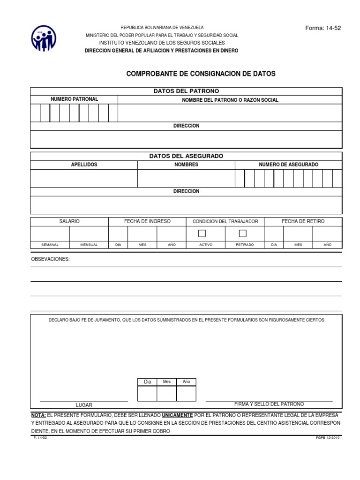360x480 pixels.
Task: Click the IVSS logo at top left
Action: pyautogui.click(x=44, y=38)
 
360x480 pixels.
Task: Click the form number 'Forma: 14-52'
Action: pyautogui.click(x=323, y=28)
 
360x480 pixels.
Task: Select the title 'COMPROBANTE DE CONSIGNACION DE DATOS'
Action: pyautogui.click(x=201, y=74)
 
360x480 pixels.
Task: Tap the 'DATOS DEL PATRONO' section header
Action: pyautogui.click(x=186, y=91)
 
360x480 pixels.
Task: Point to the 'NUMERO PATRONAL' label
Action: pyautogui.click(x=74, y=99)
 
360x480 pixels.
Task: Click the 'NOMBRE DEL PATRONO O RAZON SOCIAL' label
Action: pyautogui.click(x=230, y=100)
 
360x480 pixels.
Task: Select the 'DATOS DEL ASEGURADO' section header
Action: pyautogui.click(x=186, y=156)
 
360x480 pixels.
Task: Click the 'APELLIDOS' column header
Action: pyautogui.click(x=84, y=165)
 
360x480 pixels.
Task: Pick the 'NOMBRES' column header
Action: pyautogui.click(x=186, y=165)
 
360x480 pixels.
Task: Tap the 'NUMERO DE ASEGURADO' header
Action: pyautogui.click(x=288, y=165)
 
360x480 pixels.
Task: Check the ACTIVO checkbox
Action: pyautogui.click(x=202, y=233)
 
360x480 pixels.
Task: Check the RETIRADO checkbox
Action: pyautogui.click(x=242, y=233)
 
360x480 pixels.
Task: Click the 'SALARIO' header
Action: pyautogui.click(x=69, y=221)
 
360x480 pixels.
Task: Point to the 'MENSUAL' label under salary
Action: pyautogui.click(x=89, y=245)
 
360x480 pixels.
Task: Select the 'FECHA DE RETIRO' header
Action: pyautogui.click(x=303, y=221)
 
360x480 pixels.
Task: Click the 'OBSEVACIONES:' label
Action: pyautogui.click(x=50, y=259)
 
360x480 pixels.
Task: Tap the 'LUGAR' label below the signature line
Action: pyautogui.click(x=84, y=405)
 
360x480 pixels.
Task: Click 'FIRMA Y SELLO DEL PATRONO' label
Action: pyautogui.click(x=269, y=404)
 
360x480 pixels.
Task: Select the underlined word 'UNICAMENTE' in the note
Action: pyautogui.click(x=177, y=415)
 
